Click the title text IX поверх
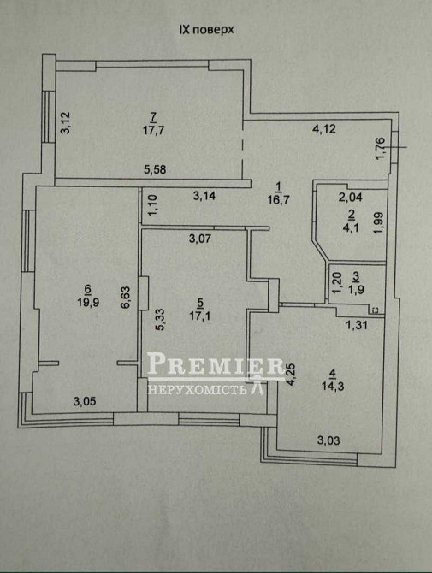[205, 29]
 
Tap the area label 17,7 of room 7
[153, 131]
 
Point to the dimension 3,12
[64, 123]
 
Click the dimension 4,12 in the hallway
[325, 130]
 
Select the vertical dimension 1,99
[379, 222]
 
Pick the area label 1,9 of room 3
[358, 288]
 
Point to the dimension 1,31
[357, 324]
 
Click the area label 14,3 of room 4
[334, 386]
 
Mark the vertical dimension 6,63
[124, 297]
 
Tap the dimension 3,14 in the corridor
[204, 196]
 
